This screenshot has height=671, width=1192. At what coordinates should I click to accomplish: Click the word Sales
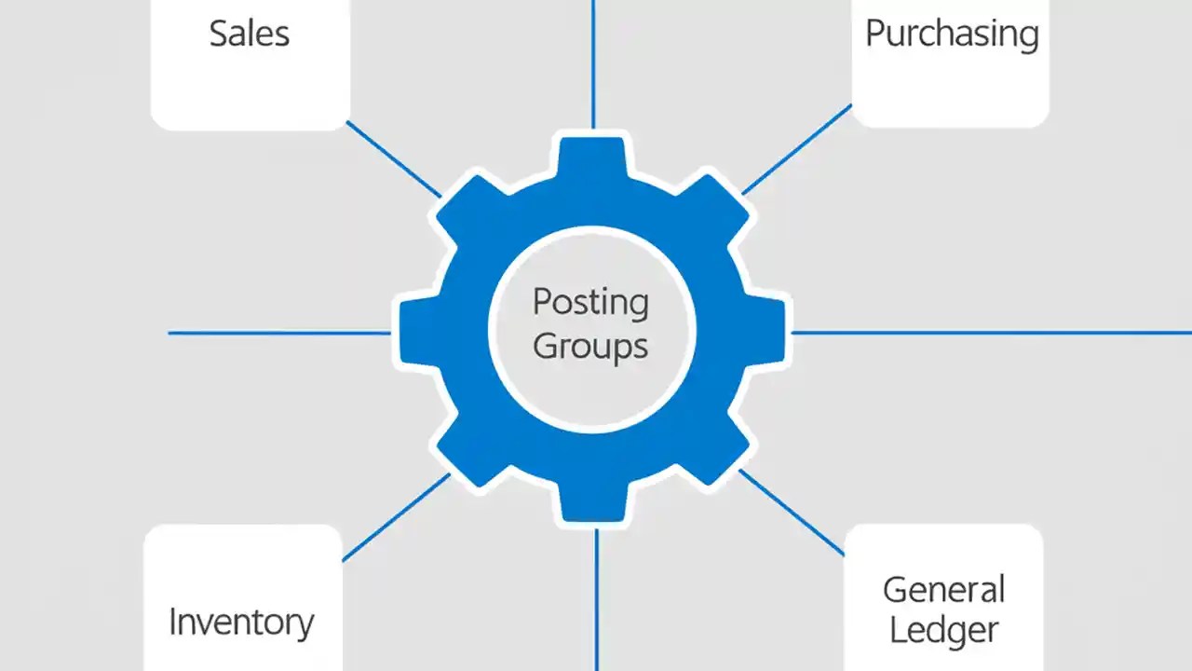point(249,34)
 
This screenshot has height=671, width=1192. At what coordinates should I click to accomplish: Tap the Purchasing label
point(951,34)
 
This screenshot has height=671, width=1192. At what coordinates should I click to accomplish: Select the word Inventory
point(241,622)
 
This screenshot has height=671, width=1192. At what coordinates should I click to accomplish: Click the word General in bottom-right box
point(943,589)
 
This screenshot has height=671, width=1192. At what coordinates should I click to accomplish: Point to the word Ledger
point(943,629)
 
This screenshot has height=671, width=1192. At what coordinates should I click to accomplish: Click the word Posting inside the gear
point(590,302)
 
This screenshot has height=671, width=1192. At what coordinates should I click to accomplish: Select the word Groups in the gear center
point(590,346)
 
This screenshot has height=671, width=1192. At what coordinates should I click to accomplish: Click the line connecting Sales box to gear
point(393,158)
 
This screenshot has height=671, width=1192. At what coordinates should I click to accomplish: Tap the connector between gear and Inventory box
point(396,518)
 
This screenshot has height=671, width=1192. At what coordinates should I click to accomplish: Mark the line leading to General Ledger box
point(792,513)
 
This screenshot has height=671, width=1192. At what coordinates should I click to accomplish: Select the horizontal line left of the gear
point(279,333)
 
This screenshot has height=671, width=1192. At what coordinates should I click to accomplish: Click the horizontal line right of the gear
point(987,332)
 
